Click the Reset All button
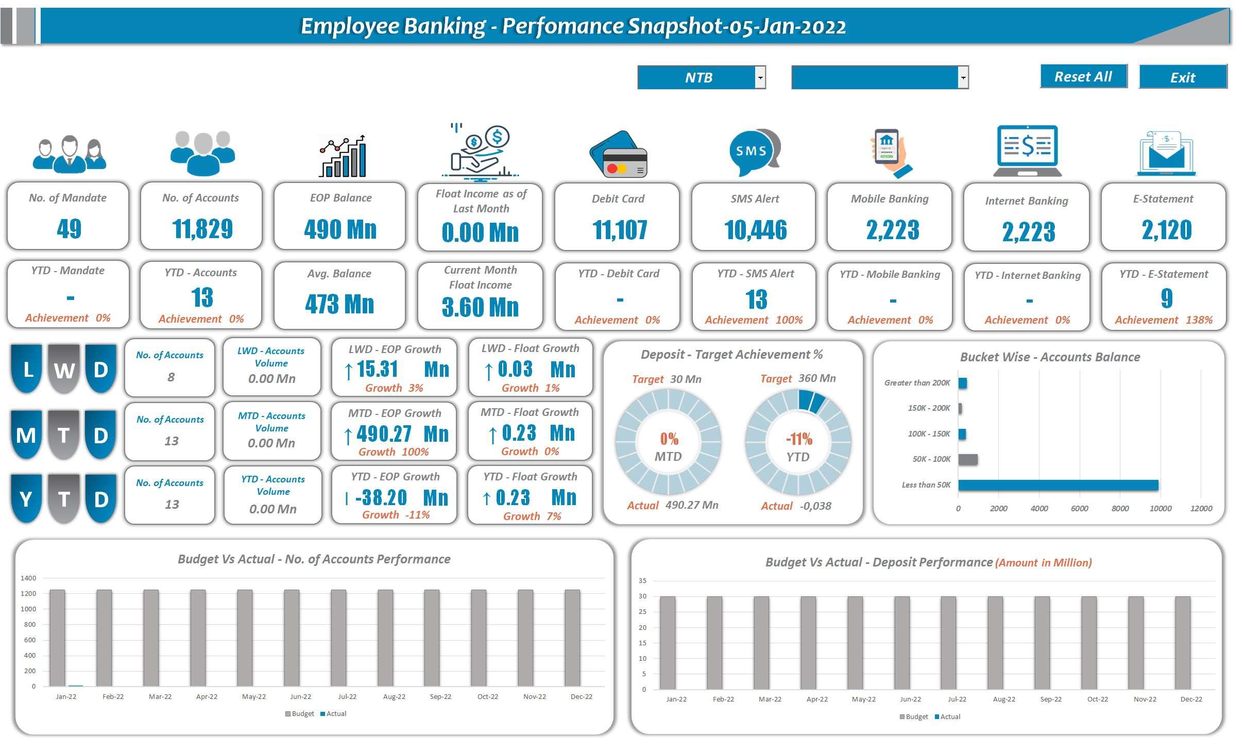pyautogui.click(x=1083, y=76)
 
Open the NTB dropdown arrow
pyautogui.click(x=760, y=78)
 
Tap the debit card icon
pyautogui.click(x=618, y=154)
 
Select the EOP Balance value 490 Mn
pyautogui.click(x=340, y=229)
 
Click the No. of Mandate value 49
pyautogui.click(x=69, y=228)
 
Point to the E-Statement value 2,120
pyautogui.click(x=1167, y=230)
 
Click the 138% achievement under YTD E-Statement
pyautogui.click(x=1199, y=320)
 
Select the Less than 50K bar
pyautogui.click(x=1058, y=485)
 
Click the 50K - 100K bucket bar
pyautogui.click(x=968, y=459)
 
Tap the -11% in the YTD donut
pyautogui.click(x=799, y=439)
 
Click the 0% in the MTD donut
pyautogui.click(x=669, y=439)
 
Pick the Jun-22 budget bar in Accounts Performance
pyautogui.click(x=292, y=638)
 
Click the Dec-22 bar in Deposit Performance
pyautogui.click(x=1183, y=643)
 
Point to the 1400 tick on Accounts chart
pyautogui.click(x=28, y=578)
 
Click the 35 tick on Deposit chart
pyautogui.click(x=642, y=581)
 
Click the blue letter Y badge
pyautogui.click(x=26, y=499)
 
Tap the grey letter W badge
pyautogui.click(x=64, y=370)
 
